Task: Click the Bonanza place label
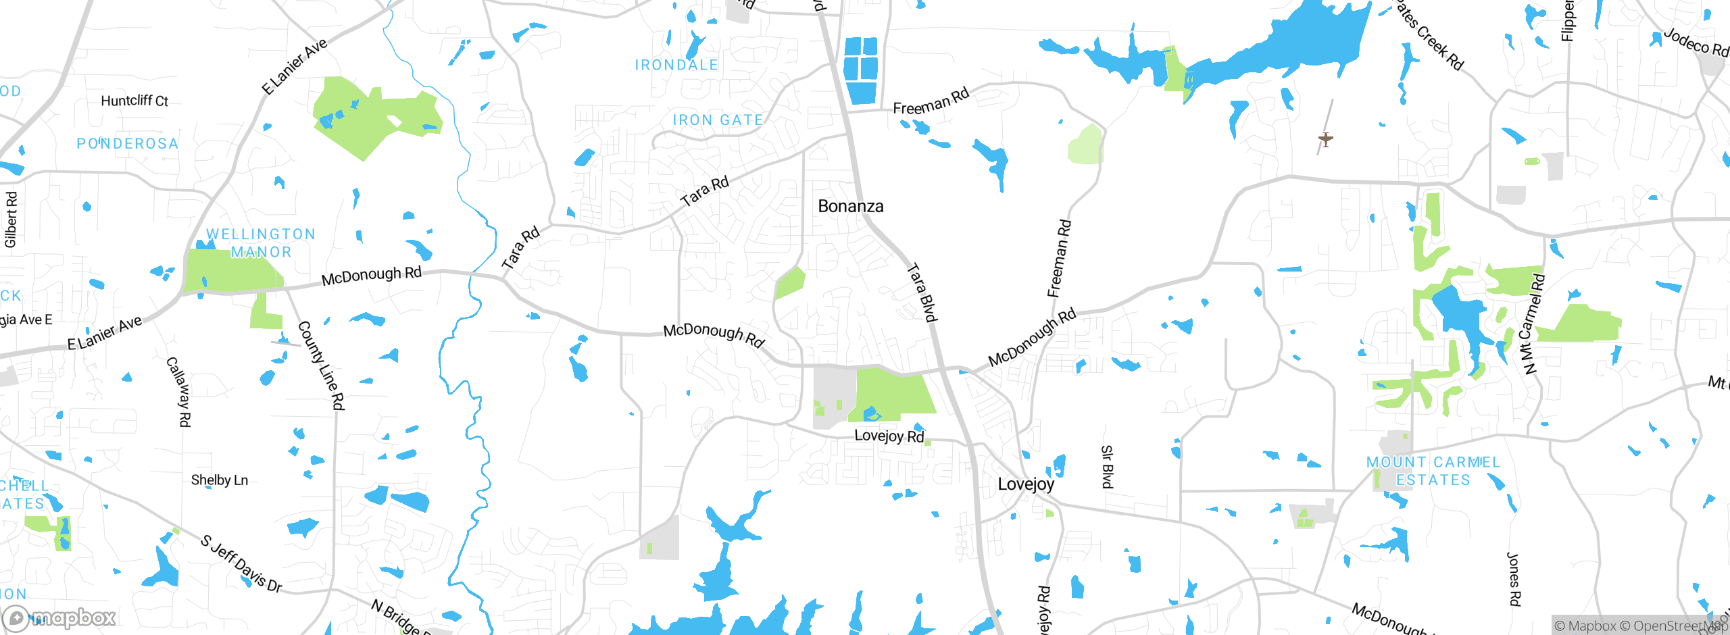(x=850, y=206)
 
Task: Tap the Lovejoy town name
(x=1025, y=484)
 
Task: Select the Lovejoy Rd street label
(x=889, y=436)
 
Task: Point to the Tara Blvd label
(x=922, y=293)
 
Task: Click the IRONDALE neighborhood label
(x=676, y=65)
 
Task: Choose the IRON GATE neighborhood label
(x=718, y=120)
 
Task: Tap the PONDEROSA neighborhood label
(x=127, y=143)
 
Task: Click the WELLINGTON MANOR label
(x=261, y=243)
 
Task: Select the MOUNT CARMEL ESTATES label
(x=1433, y=471)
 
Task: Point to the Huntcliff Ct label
(x=134, y=101)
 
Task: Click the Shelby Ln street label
(x=219, y=480)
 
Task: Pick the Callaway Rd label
(x=179, y=392)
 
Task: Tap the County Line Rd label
(x=322, y=365)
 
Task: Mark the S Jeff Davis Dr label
(x=241, y=563)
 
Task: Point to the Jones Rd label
(x=1514, y=580)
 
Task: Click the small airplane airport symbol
(x=1326, y=140)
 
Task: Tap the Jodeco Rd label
(x=1696, y=42)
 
